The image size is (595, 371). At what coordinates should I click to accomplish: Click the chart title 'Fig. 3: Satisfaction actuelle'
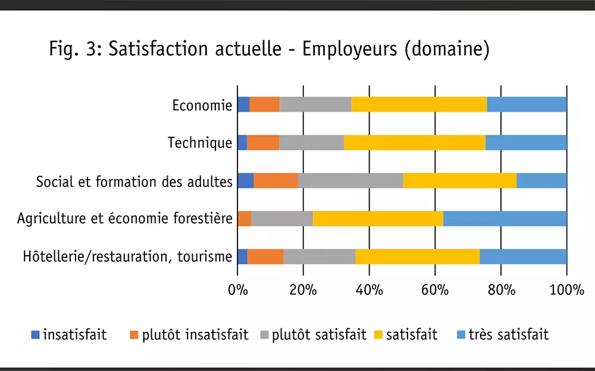269,49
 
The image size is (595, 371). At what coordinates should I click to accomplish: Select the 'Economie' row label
202,105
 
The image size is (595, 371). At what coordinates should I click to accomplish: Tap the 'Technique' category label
200,143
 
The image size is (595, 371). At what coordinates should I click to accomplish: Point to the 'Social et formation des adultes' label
134,181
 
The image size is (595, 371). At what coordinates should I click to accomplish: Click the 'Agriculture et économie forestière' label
124,219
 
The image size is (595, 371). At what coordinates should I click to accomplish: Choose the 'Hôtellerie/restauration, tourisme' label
127,257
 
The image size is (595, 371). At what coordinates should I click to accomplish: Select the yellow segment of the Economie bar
419,105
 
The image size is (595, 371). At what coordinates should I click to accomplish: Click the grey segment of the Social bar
350,181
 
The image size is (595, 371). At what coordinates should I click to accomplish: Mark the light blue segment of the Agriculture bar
505,219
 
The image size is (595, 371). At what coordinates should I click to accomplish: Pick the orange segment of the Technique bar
263,143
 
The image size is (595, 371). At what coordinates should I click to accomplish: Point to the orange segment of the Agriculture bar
244,219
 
